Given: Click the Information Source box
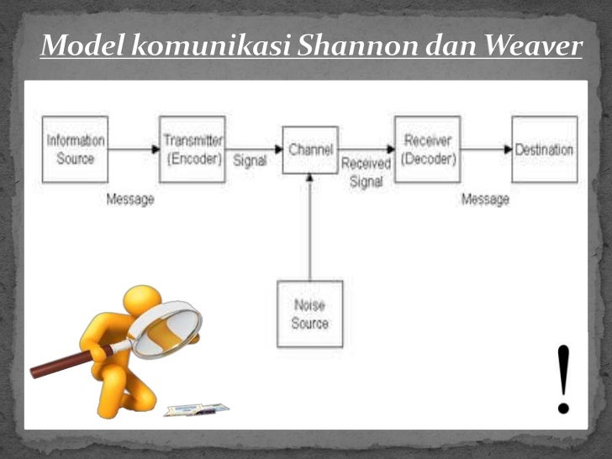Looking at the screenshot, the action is pos(75,150).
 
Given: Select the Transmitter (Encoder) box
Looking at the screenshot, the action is pos(193,150).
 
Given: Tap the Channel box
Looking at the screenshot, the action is pos(310,150).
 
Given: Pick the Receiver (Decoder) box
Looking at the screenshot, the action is pos(427,150).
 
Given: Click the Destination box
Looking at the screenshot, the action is pos(544,150).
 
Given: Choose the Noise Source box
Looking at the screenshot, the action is pos(310,314).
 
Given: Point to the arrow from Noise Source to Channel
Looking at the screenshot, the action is pos(310,227).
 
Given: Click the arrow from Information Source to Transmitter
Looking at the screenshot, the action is pos(134,150).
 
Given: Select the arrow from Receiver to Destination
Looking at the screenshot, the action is pos(486,150).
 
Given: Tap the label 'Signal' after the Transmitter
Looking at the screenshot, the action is pos(250,161).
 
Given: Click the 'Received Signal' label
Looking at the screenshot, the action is pos(366,172).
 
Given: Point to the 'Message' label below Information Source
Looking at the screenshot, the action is pos(130,200).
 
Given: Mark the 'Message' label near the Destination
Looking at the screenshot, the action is pos(485,200).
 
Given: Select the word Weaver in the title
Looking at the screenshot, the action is pos(535,46).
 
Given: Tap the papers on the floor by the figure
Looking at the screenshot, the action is pos(196,409).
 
